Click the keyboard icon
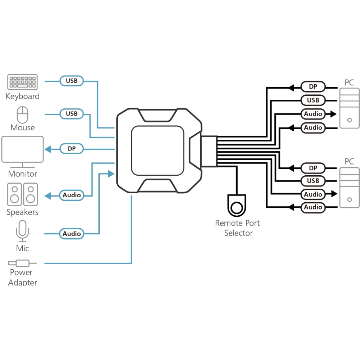(x=22, y=82)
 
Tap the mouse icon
(x=22, y=115)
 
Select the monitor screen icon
(x=22, y=152)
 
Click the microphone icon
(x=22, y=231)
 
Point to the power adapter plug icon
(x=22, y=263)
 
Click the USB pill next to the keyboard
(x=72, y=81)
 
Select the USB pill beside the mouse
(x=72, y=114)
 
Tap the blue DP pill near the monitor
(x=72, y=149)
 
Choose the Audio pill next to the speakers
(x=72, y=195)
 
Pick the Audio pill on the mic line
(x=72, y=234)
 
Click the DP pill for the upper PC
(x=313, y=87)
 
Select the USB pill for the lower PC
(x=313, y=181)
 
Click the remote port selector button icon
(x=237, y=206)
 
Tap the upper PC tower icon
(x=350, y=108)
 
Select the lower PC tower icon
(x=350, y=188)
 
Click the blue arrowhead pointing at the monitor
(x=48, y=149)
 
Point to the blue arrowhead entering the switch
(x=111, y=174)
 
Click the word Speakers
(x=22, y=212)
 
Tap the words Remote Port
(x=237, y=223)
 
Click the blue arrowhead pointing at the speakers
(x=48, y=196)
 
